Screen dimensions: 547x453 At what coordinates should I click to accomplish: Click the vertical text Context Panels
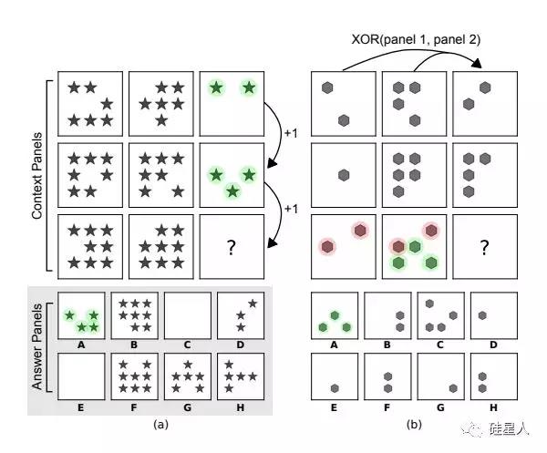tap(36, 175)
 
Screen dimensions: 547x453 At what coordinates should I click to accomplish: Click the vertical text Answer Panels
tap(36, 346)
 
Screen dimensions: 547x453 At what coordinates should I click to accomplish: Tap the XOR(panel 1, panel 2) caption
tap(416, 39)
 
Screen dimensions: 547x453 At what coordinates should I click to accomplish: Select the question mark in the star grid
tap(232, 247)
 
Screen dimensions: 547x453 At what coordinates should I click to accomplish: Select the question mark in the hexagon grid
tap(485, 247)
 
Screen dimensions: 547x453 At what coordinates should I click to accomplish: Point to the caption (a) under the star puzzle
tap(160, 424)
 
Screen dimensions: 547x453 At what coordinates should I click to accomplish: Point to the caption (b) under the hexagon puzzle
tap(414, 424)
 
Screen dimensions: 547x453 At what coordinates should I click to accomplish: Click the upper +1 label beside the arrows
tap(292, 133)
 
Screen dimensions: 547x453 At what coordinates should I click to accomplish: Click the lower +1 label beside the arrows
tap(292, 209)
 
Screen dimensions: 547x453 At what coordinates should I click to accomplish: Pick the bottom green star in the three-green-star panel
tap(232, 191)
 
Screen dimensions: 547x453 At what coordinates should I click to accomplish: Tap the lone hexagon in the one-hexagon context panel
tap(344, 175)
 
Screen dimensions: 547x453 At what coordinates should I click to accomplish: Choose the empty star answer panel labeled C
tap(187, 315)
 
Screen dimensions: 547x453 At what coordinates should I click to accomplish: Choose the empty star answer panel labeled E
tap(81, 376)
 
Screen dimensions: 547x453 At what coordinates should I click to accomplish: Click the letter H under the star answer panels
tap(241, 407)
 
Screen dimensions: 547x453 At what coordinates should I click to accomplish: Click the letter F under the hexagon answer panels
tap(387, 407)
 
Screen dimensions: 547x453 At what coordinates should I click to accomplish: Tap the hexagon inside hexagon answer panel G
tap(453, 388)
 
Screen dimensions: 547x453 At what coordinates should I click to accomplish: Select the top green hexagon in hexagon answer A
tap(335, 315)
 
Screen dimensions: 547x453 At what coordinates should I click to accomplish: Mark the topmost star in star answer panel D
tap(253, 304)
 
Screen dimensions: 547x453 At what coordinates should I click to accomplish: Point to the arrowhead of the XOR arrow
tap(477, 64)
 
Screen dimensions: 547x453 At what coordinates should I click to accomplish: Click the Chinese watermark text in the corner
tap(509, 429)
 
